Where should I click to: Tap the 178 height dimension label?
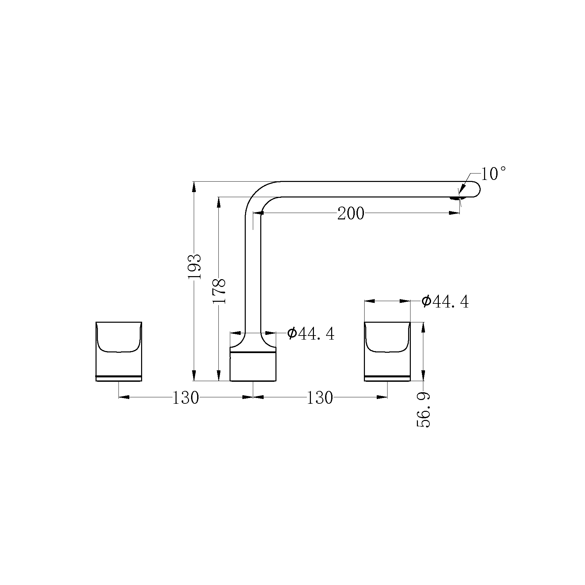(219, 291)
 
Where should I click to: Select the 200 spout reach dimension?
(351, 213)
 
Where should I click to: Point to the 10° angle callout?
(493, 174)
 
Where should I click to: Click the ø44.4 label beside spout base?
(311, 334)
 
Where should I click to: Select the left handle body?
(118, 351)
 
